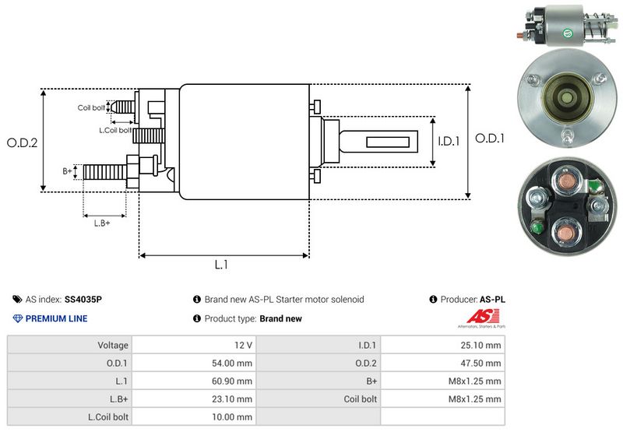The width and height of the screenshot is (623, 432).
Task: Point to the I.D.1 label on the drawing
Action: click(449, 142)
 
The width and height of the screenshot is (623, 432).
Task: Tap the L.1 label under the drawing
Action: click(221, 264)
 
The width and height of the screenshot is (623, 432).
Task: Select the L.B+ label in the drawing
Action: click(102, 223)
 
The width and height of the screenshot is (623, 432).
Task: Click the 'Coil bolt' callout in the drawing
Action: click(91, 107)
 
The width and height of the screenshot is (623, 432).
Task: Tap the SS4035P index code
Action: click(83, 299)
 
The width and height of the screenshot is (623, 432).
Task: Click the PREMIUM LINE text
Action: click(56, 318)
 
